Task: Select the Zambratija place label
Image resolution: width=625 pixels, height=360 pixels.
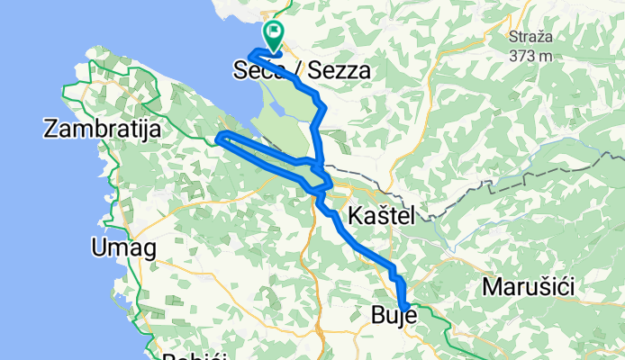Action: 102,130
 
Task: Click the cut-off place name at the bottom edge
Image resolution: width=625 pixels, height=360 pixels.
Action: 190,355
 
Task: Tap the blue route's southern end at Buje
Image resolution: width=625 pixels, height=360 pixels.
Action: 404,308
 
